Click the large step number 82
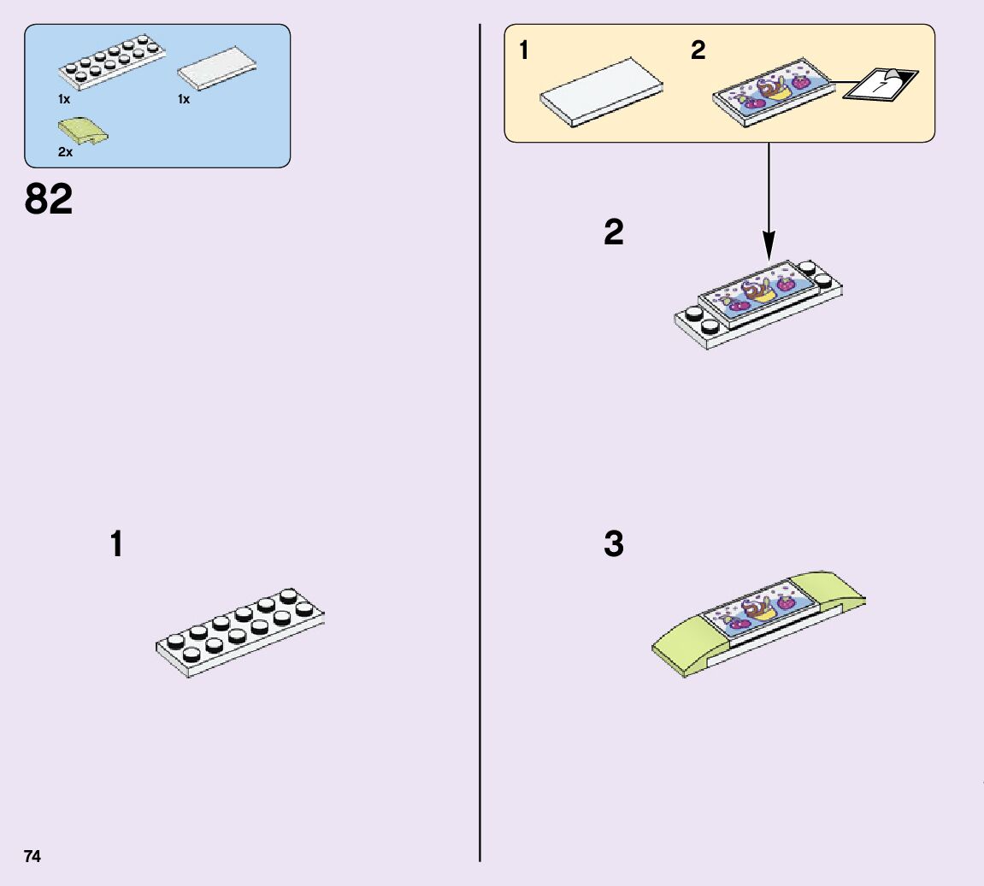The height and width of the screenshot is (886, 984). coord(49,200)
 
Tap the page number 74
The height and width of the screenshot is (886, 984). coord(32,856)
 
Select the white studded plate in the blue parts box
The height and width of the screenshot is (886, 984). coord(110,63)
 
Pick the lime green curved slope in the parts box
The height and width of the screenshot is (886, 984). coord(82,132)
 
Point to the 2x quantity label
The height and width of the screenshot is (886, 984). coord(65,152)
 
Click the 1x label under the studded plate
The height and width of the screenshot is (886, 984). coord(64,99)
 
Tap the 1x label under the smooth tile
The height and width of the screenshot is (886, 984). coord(184,99)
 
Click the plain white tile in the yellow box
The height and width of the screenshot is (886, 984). coord(602,91)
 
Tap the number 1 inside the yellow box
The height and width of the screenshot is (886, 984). coord(523,51)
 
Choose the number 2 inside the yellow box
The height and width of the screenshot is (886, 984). coord(698,51)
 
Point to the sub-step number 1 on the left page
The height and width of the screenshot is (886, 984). coord(116,545)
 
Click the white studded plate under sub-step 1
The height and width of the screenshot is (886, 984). coord(240,632)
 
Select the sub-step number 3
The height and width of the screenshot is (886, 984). coord(614,544)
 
